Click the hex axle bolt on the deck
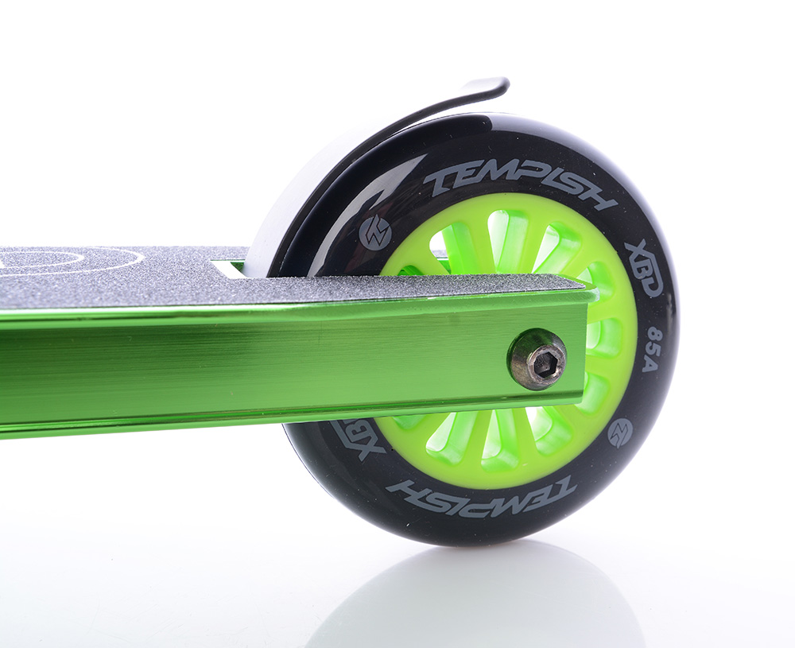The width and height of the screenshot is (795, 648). coord(538,358)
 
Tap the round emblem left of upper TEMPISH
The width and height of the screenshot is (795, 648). coord(374,233)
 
